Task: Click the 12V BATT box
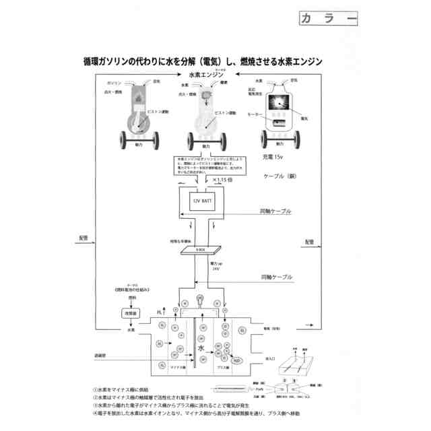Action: click(x=201, y=201)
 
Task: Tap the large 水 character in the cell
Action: click(x=201, y=348)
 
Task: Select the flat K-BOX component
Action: click(x=201, y=251)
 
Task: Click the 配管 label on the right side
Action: click(x=309, y=242)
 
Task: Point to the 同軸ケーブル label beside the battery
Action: click(x=275, y=211)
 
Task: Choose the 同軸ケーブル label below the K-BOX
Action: click(x=275, y=277)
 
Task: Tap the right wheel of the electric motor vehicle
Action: click(x=296, y=140)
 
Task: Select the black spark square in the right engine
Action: click(x=279, y=103)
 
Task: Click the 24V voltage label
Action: click(x=215, y=269)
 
